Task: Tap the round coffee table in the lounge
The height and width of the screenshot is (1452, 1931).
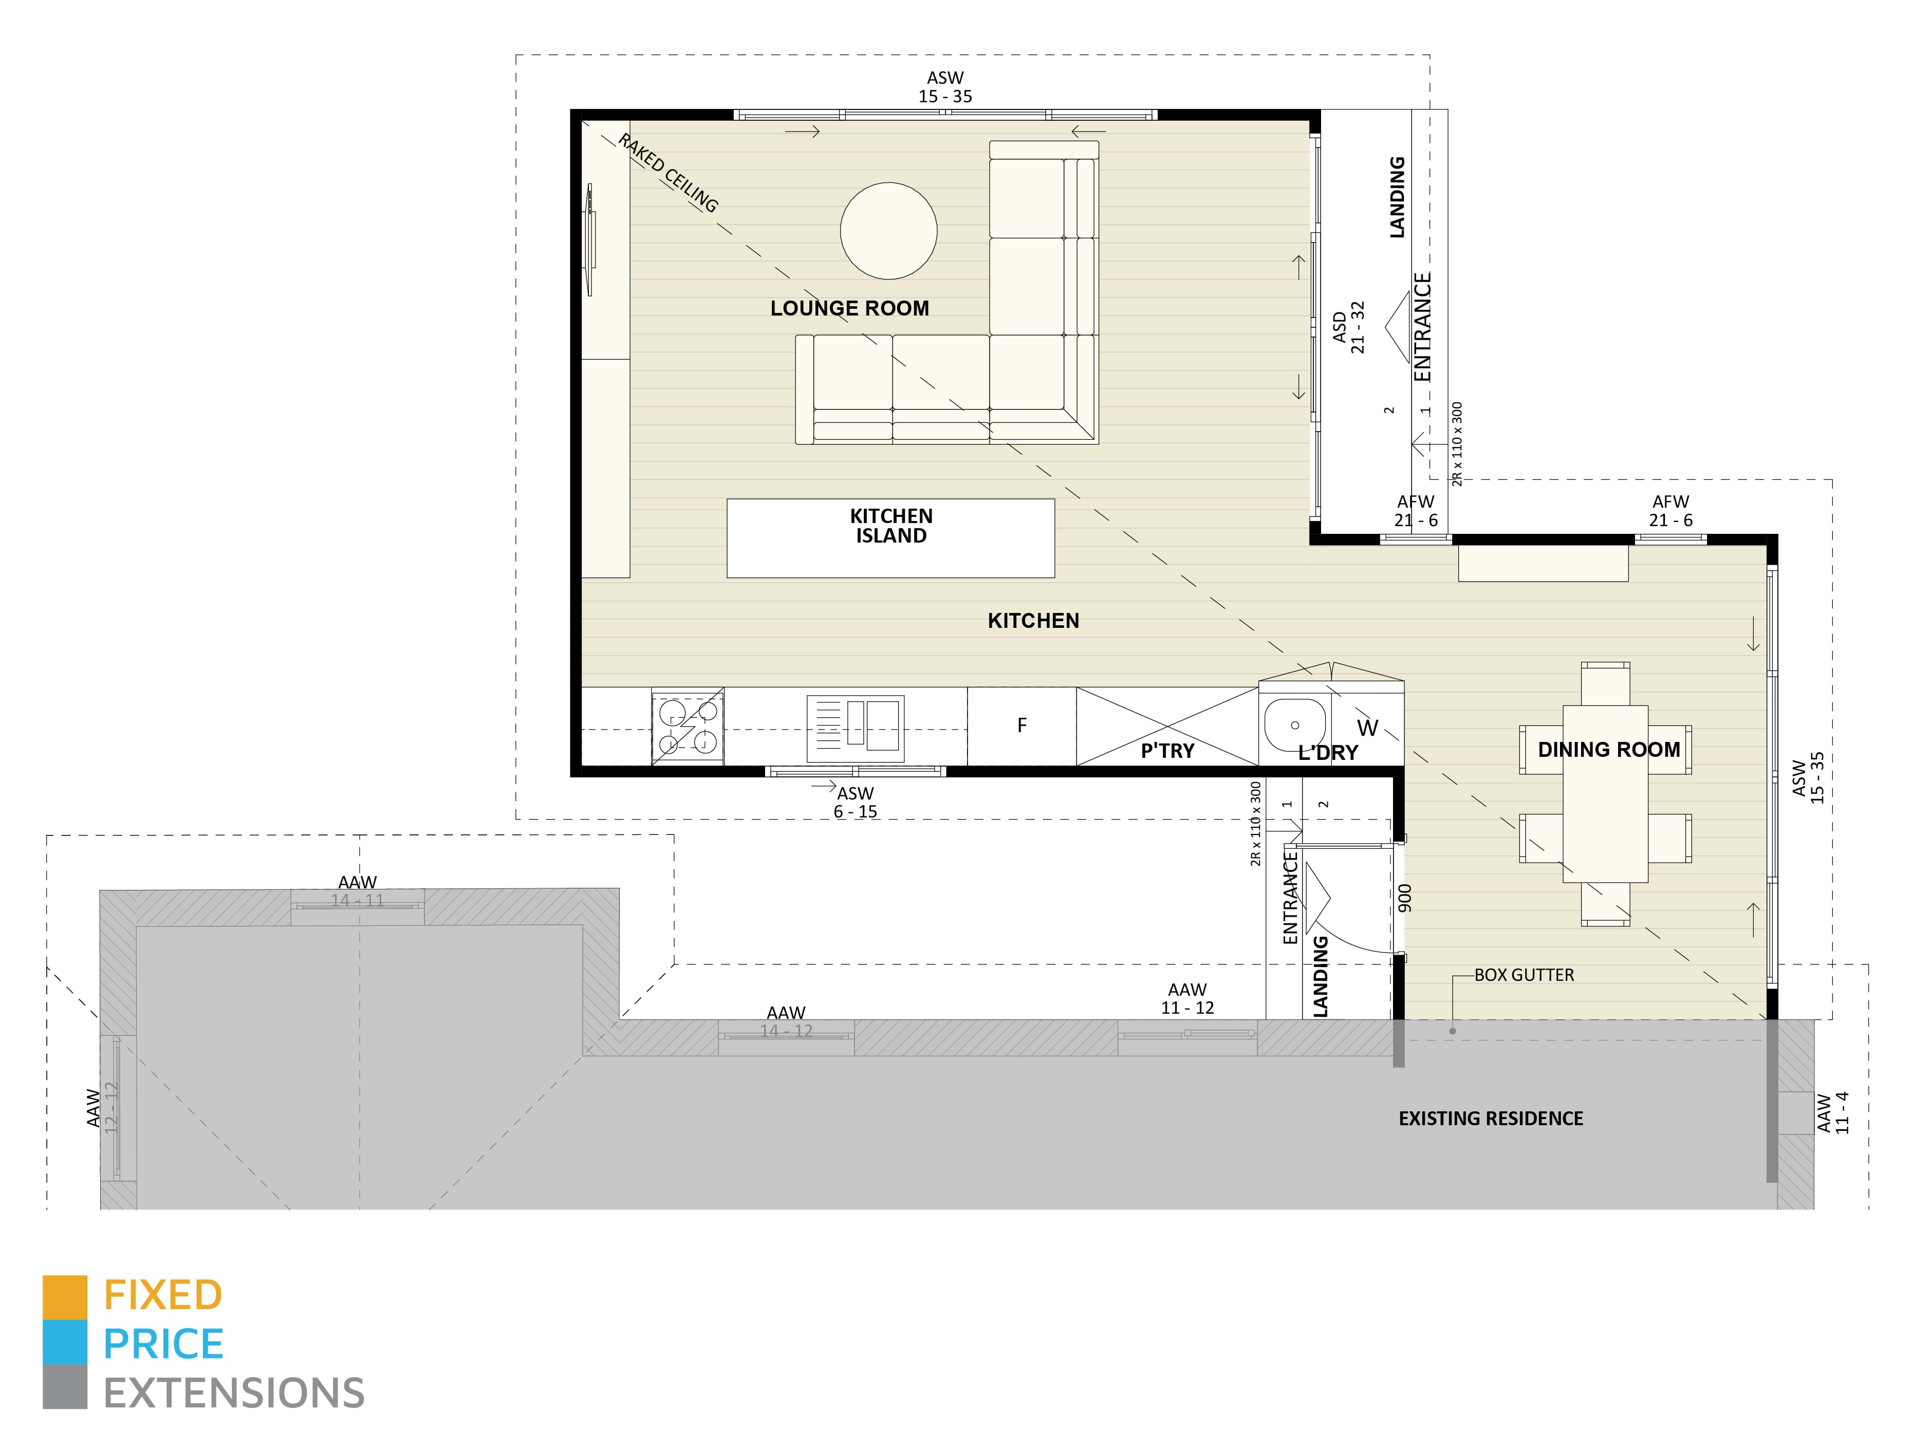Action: [x=888, y=231]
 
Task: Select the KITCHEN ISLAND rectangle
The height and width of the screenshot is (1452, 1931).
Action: [x=890, y=538]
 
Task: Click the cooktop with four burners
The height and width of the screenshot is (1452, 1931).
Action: [x=687, y=727]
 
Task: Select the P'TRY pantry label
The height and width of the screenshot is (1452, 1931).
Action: [x=1166, y=751]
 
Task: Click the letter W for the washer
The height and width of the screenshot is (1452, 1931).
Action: [x=1367, y=728]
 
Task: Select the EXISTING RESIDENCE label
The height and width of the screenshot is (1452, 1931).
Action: [x=1490, y=1119]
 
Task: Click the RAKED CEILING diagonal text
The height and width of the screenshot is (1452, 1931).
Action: [x=668, y=173]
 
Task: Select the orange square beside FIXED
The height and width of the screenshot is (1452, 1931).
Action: [x=65, y=1297]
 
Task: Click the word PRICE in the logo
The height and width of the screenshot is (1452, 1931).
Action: [x=163, y=1344]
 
